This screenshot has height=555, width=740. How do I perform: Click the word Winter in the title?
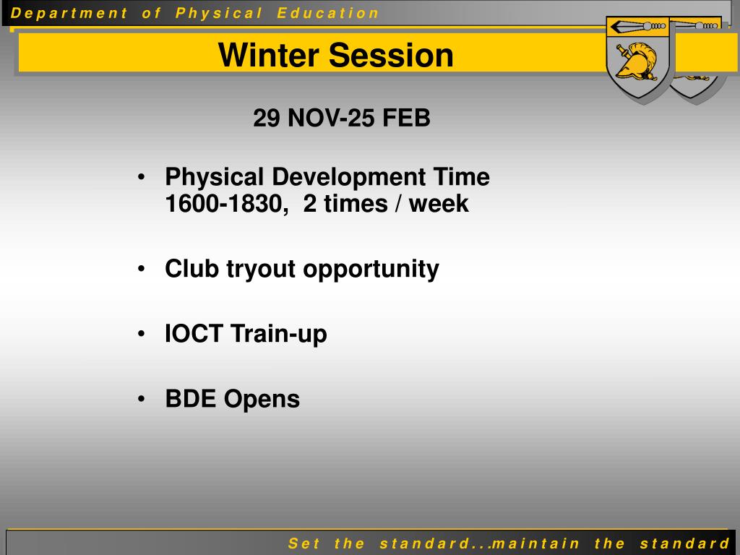269,55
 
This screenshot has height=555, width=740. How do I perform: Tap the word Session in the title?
391,55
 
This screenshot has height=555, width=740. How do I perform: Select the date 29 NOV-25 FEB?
342,118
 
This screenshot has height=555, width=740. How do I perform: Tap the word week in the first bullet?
439,204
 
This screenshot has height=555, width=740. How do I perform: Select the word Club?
192,269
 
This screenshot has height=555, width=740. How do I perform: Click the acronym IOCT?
194,333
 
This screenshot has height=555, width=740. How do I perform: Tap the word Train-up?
279,335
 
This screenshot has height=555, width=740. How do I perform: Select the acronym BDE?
190,398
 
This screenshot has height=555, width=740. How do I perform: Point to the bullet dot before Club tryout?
141,269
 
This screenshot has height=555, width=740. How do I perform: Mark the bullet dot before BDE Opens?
141,399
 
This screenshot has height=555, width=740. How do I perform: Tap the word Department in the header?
69,13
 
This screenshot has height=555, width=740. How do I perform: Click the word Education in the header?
328,13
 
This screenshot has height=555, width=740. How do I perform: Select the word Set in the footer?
304,543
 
